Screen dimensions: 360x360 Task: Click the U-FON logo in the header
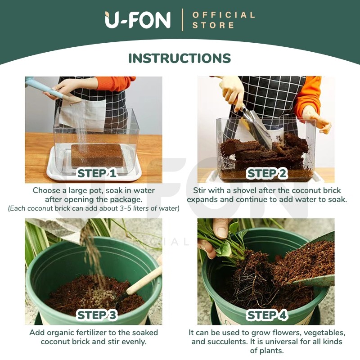tap(138, 20)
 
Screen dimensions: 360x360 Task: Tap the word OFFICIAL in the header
tap(224, 15)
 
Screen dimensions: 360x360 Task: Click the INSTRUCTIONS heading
tap(180, 58)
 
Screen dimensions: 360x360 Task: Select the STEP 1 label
tap(97, 173)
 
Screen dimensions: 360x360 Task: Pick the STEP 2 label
tap(267, 173)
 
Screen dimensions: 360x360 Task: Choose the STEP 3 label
tap(97, 315)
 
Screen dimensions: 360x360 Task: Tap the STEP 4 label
tap(267, 315)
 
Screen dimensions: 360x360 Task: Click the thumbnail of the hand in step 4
tap(221, 231)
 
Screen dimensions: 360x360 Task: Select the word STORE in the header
tap(213, 25)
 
